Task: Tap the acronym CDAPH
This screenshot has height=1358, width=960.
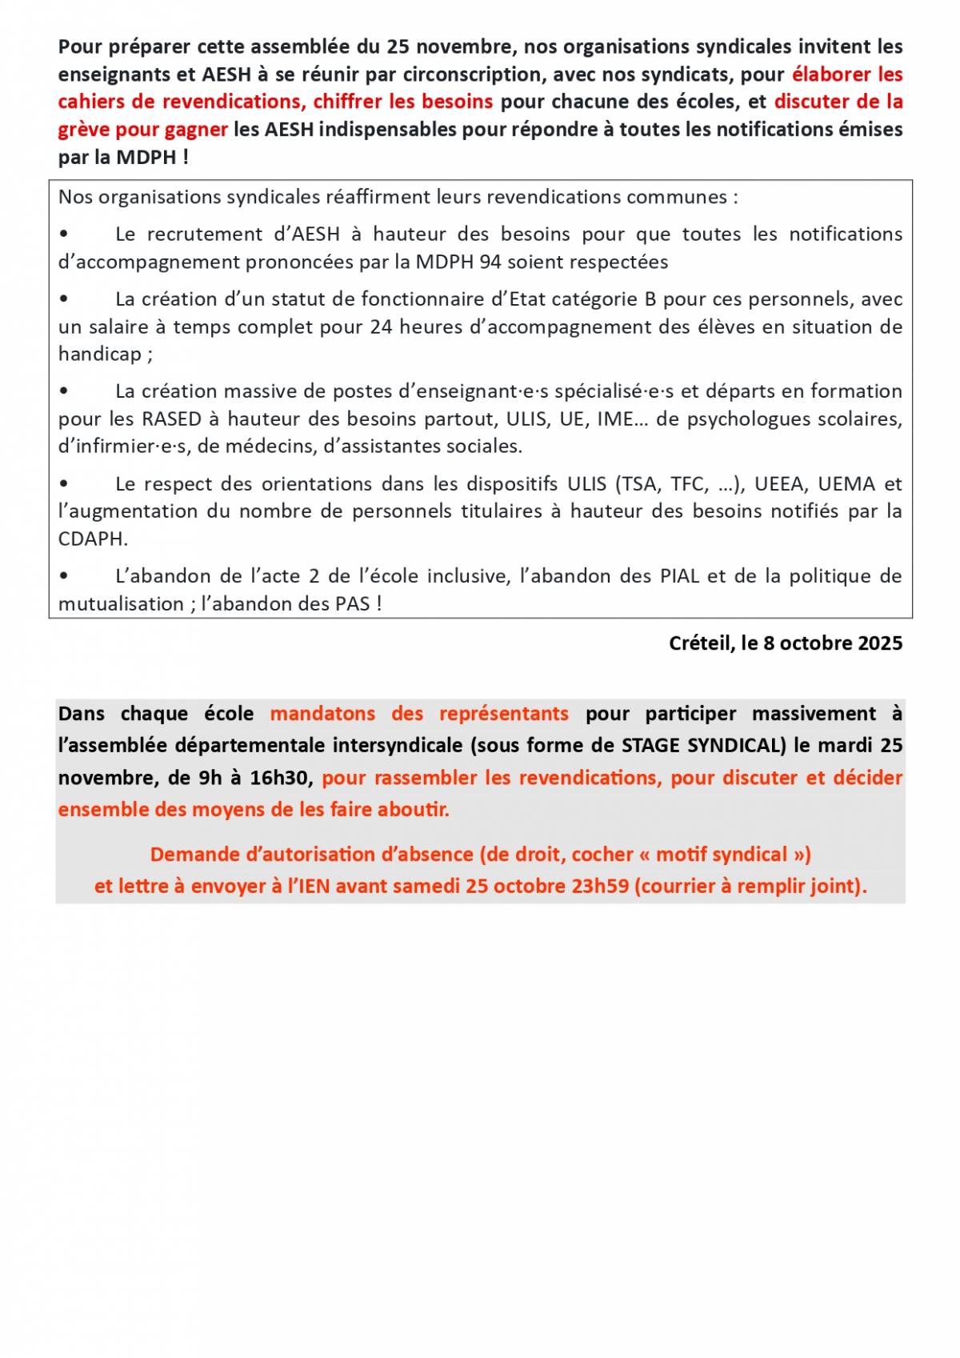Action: [x=92, y=539]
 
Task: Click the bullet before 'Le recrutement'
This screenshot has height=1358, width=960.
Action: [x=64, y=235]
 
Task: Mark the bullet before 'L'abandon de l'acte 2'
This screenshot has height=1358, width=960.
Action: [x=64, y=577]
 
